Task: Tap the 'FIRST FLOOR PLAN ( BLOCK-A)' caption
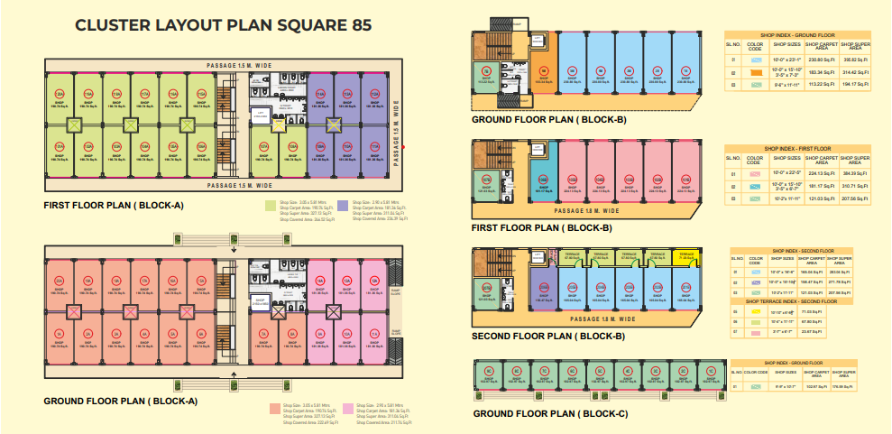click(x=114, y=206)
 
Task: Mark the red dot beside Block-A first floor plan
click(x=404, y=147)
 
